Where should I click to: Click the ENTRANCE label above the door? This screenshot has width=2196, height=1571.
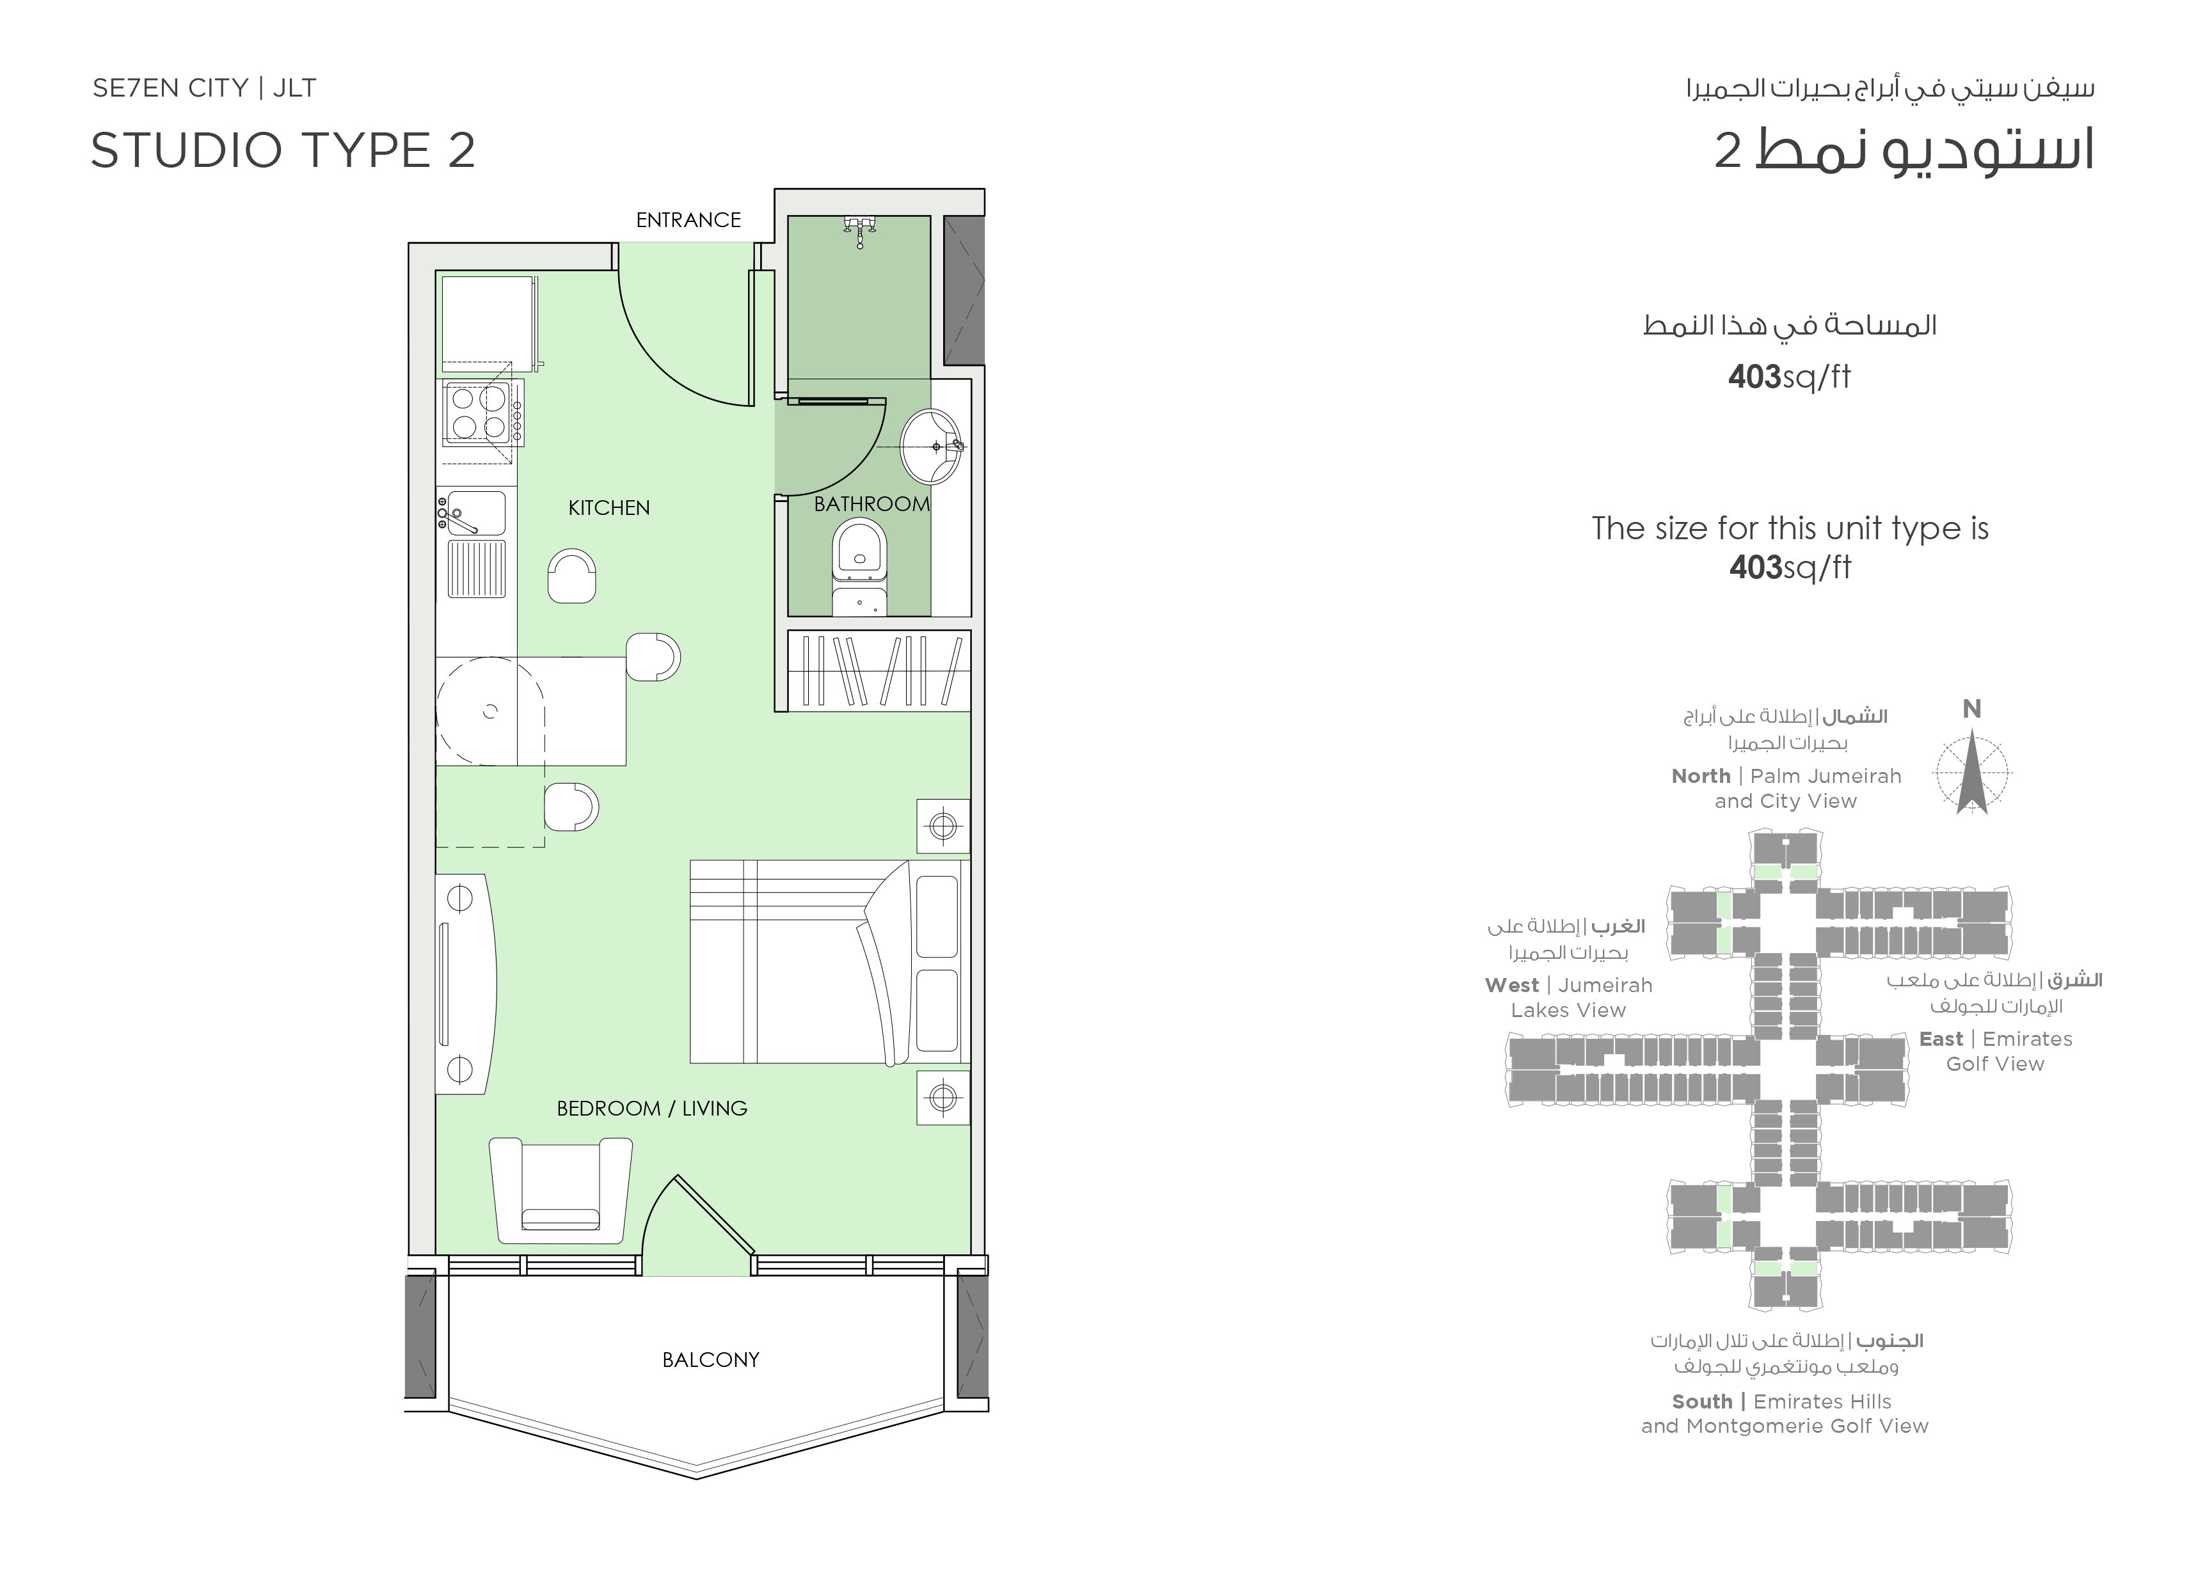688,221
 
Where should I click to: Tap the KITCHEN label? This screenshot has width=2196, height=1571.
609,508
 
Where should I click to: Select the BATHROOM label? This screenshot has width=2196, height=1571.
871,504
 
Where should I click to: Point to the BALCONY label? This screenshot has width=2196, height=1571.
711,1360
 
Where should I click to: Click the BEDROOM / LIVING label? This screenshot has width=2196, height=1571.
652,1109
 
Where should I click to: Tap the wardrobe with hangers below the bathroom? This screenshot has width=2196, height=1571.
879,670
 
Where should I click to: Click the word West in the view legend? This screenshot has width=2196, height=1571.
1512,986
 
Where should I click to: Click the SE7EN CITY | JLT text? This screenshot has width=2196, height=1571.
204,88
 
